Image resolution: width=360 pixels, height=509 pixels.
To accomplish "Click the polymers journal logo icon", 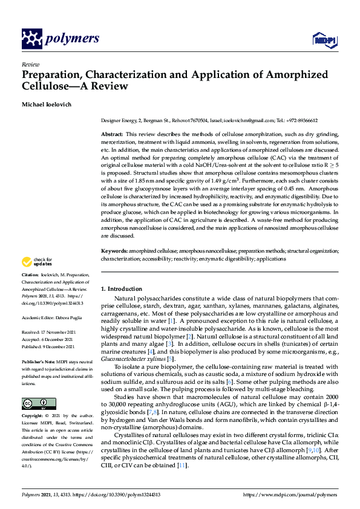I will (31, 39).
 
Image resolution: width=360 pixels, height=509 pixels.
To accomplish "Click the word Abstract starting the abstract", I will (113, 133).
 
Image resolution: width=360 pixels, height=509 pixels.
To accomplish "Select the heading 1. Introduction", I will (121, 289).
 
